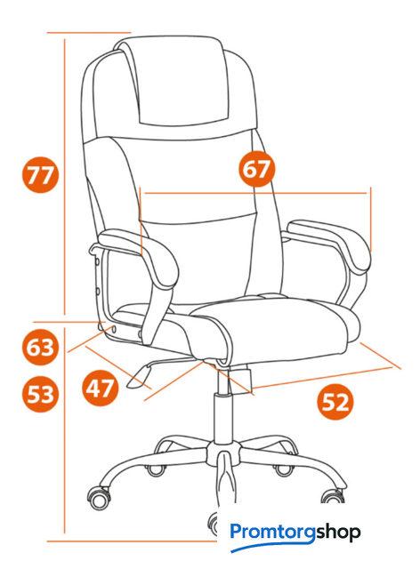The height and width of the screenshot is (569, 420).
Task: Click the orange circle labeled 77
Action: (40, 174)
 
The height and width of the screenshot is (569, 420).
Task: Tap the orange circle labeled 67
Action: (256, 169)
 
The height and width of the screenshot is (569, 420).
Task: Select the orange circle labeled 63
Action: (40, 347)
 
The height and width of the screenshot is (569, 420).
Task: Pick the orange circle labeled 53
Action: (40, 394)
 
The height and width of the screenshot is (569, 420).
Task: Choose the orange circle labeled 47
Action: (101, 388)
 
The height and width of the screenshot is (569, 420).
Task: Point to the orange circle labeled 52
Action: (335, 402)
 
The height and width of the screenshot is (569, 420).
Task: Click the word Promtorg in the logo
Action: (272, 533)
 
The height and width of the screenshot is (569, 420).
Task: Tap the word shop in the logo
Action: (338, 533)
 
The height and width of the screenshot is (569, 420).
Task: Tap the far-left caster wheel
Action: (99, 497)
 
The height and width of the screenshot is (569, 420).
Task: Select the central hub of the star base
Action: (224, 453)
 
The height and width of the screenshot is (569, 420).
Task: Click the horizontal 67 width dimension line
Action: (255, 194)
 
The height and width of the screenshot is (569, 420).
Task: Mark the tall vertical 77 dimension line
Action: (65, 177)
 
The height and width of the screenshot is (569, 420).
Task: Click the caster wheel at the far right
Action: (332, 496)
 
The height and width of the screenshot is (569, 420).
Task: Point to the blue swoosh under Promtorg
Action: (272, 545)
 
